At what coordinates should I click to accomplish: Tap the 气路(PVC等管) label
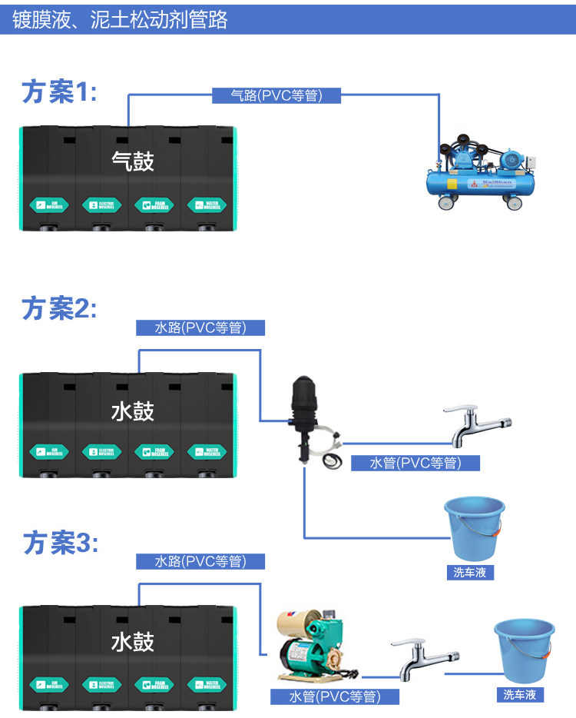[x=276, y=95]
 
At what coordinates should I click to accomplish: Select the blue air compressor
[x=478, y=172]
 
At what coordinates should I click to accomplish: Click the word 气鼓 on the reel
[x=133, y=161]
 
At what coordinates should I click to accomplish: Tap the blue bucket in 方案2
[x=475, y=528]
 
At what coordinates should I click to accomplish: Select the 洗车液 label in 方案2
[x=468, y=572]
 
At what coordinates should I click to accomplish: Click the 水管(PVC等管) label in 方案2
[x=415, y=463]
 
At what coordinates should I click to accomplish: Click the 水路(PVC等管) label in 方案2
[x=200, y=327]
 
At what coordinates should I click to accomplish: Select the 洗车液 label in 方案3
[x=519, y=694]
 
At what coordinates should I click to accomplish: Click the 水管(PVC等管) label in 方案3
[x=335, y=696]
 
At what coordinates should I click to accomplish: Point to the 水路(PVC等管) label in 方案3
[x=200, y=561]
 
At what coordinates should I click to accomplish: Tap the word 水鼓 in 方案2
[x=133, y=411]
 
